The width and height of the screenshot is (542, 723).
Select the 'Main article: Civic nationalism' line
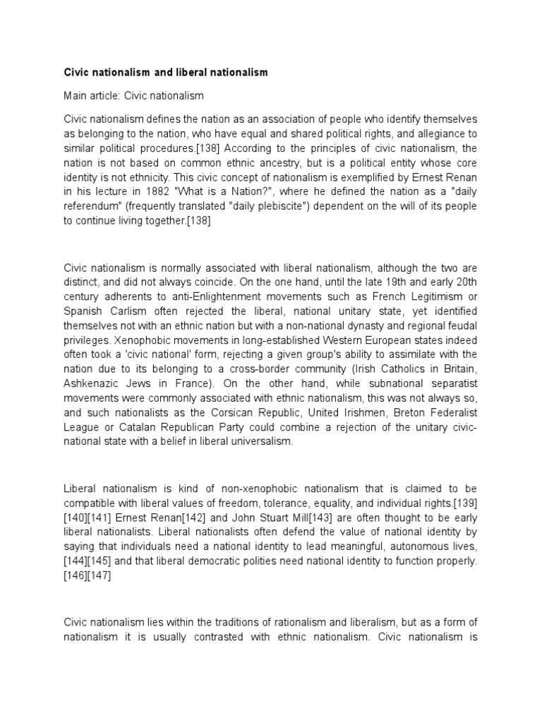tap(133, 95)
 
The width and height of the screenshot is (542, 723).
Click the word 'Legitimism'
tap(426, 297)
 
